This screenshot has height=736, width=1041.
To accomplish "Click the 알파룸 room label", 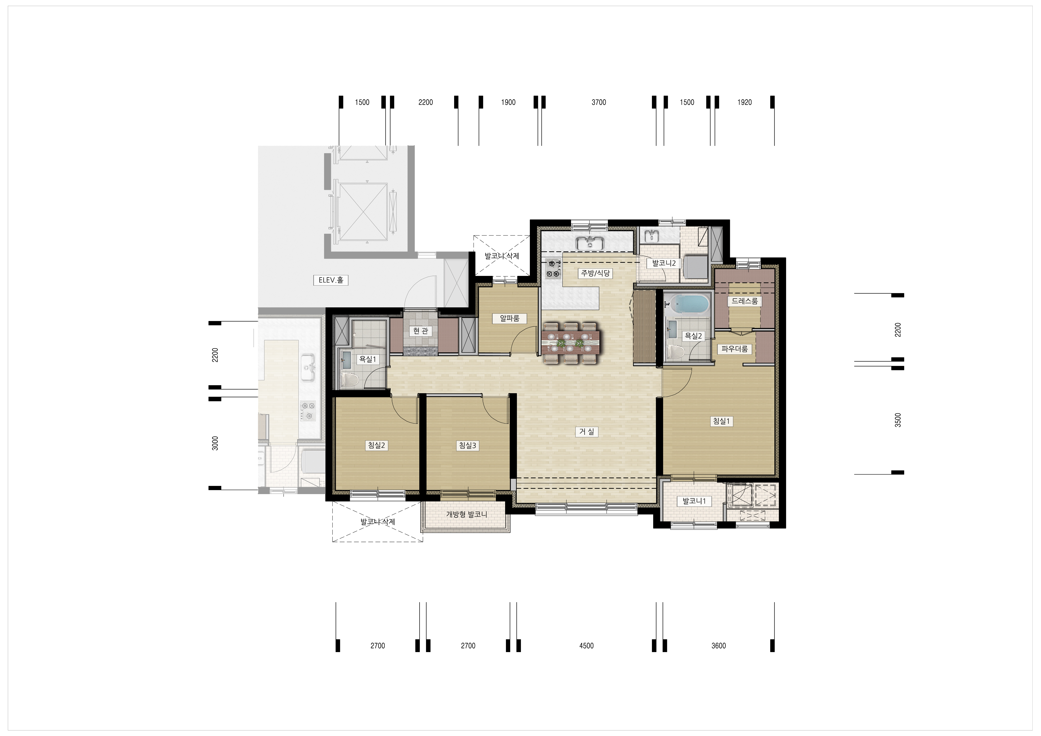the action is point(510,318).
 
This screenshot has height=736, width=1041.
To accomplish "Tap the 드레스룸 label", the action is point(744,301).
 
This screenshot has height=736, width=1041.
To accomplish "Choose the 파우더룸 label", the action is point(735,349).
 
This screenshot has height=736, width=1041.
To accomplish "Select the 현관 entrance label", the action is point(420,331).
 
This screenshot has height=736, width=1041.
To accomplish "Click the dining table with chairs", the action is point(570,343).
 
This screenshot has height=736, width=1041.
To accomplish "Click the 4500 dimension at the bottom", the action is point(586,645).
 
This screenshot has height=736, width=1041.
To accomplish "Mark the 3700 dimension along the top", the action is point(598,102).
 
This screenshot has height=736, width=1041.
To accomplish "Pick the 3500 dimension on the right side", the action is point(898,420).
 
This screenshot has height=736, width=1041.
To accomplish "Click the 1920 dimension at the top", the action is point(744,102).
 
